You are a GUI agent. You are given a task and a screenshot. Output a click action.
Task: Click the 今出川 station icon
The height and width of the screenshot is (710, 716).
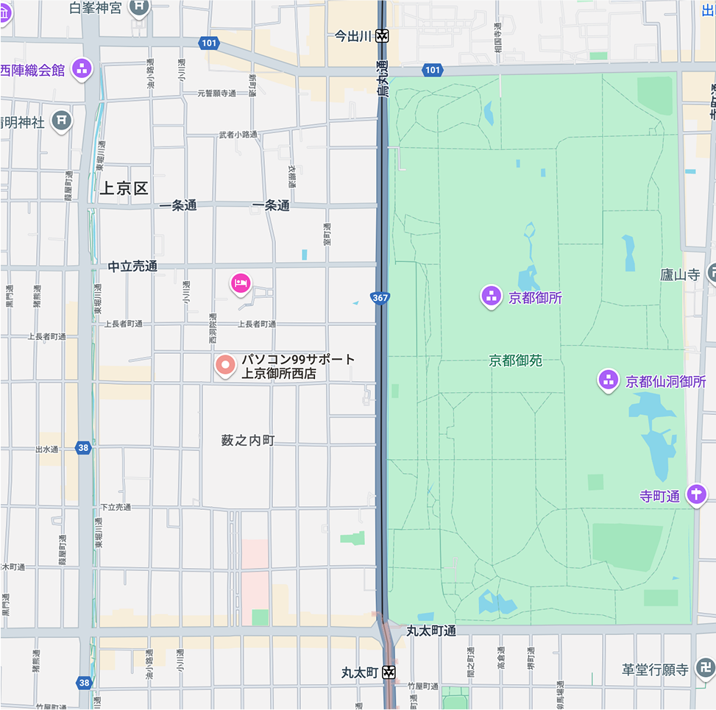coord(381,36)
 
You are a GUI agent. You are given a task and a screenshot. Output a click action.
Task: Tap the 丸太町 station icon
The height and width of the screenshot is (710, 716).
coord(389,672)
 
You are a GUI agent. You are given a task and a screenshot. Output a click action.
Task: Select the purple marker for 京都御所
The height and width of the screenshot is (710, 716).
coord(491,297)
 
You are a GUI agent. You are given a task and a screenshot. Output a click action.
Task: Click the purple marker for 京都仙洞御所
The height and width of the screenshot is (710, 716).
coord(608,381)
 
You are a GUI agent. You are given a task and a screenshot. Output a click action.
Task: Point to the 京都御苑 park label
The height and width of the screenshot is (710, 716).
coord(515,361)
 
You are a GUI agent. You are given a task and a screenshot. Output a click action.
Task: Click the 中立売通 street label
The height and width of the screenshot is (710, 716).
coord(132,266)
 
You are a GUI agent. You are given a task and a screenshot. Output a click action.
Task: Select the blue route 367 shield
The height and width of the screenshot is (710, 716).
coord(380,298)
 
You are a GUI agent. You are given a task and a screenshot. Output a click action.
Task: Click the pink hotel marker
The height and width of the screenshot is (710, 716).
coord(241,282)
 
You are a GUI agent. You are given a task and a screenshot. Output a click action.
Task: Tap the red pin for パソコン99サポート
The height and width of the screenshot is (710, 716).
coord(225,364)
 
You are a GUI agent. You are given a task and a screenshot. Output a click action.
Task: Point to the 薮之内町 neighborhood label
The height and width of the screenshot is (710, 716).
coord(248,440)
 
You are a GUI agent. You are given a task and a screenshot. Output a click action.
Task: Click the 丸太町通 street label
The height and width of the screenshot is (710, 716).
coord(431,631)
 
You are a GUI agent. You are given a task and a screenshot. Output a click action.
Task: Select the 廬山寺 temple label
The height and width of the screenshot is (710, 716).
coord(680,275)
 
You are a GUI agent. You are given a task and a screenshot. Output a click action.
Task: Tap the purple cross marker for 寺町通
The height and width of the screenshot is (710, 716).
coord(695,495)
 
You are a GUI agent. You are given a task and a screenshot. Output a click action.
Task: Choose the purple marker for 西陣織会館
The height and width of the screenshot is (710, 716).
coord(82,70)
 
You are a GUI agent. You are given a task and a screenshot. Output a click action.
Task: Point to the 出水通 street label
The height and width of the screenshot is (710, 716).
coord(46,449)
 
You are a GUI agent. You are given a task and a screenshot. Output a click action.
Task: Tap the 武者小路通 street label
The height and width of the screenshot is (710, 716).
coord(238,135)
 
